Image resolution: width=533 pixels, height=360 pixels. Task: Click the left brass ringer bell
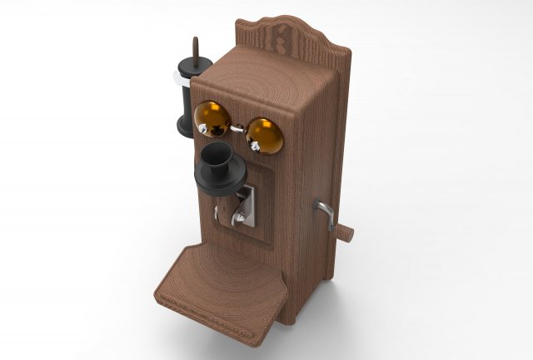pyautogui.click(x=212, y=118)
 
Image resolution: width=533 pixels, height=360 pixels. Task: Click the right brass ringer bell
pyautogui.click(x=265, y=135)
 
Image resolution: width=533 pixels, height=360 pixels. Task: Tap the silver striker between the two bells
pyautogui.click(x=237, y=127)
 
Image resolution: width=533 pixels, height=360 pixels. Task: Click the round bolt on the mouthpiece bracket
pyautogui.click(x=241, y=218)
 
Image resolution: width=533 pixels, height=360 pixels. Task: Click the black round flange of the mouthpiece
pyautogui.click(x=219, y=178)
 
